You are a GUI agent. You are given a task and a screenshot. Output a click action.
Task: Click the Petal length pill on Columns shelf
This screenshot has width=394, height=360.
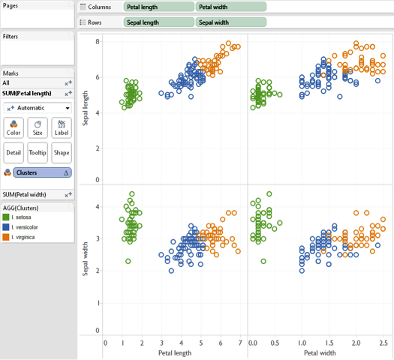pos(158,7)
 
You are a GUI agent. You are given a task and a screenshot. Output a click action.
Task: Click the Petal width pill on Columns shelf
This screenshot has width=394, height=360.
pos(231,7)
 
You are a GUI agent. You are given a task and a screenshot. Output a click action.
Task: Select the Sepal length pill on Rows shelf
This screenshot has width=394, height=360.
pos(158,22)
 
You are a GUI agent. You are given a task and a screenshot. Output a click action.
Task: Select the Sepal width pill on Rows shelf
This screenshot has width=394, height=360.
pos(231,22)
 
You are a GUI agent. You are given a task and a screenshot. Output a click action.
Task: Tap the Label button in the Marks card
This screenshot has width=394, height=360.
pos(62,127)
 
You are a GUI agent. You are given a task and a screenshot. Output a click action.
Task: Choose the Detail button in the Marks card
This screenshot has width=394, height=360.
pos(14,152)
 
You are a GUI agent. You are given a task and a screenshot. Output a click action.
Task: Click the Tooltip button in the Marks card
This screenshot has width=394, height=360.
pos(38,152)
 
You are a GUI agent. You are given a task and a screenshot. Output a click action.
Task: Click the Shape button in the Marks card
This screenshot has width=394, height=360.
pos(62,152)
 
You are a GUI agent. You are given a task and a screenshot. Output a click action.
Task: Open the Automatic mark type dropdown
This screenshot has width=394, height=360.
pos(38,108)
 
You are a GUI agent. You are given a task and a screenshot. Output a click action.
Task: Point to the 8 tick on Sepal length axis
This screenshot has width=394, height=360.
pos(97,41)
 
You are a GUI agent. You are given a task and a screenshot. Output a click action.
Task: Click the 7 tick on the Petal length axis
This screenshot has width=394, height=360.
pos(239,343)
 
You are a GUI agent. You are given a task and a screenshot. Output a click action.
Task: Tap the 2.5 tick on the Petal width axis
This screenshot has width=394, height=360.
pos(382,343)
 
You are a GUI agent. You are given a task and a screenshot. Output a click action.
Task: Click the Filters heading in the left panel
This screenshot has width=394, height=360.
pos(11,36)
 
